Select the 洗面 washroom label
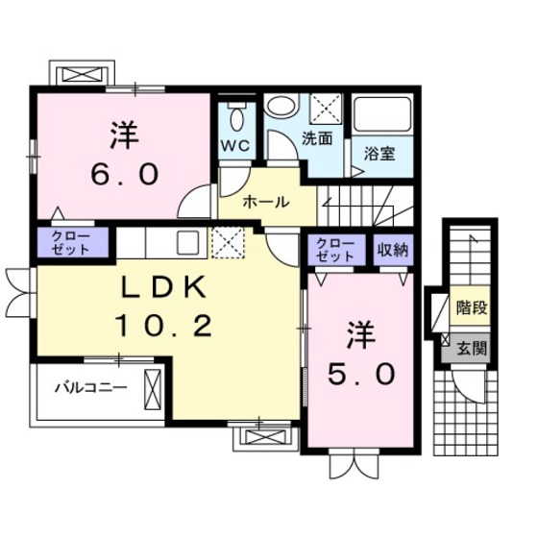(317, 137)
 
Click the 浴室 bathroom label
(379, 151)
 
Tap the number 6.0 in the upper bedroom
(120, 172)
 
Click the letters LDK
(160, 288)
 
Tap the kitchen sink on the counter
(185, 242)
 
